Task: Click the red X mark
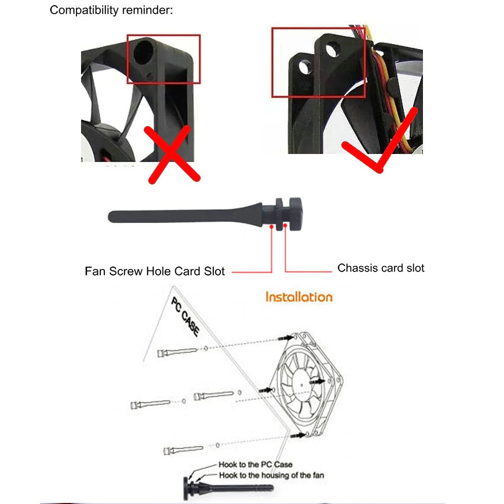172,155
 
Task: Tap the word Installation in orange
299,296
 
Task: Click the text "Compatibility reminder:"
111,10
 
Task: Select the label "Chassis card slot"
381,268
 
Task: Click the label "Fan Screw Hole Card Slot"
154,271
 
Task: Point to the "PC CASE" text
185,317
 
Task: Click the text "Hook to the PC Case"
255,464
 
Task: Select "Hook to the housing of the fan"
271,475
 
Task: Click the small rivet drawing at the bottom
228,485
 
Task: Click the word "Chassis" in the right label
356,268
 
